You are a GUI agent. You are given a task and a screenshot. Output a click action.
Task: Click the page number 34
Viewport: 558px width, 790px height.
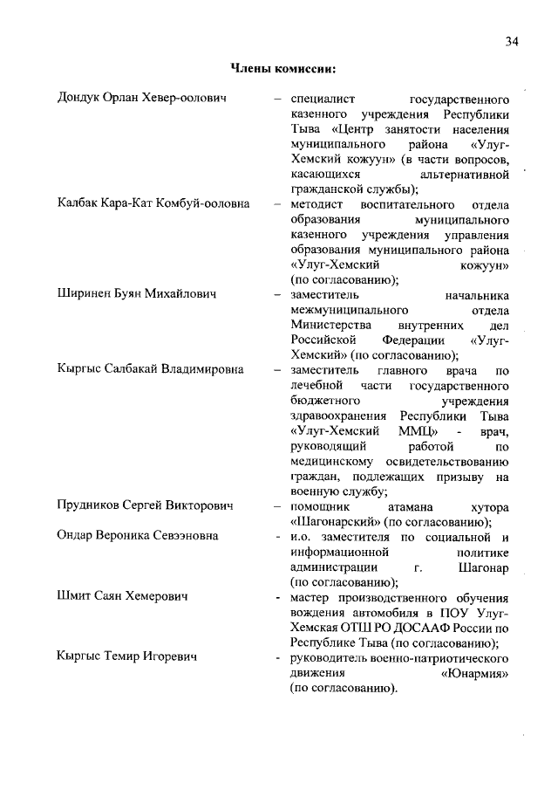512,42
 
